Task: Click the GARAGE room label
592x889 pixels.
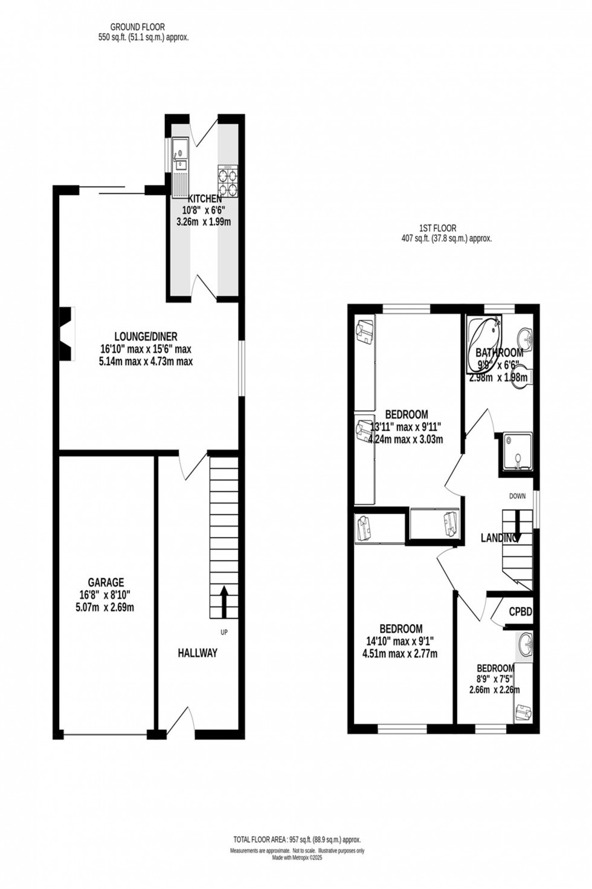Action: pos(106,582)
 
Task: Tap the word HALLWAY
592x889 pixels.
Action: pos(198,653)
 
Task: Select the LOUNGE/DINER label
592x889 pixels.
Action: pos(146,337)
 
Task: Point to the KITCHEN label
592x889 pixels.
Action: pos(205,199)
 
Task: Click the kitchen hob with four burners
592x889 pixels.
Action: pos(227,181)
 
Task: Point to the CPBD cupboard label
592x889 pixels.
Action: pos(520,612)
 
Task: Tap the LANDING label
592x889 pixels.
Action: pos(498,538)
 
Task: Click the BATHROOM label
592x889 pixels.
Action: pos(499,353)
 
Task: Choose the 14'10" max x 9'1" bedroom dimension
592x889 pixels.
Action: pos(399,641)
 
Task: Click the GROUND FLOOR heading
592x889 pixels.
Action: pos(137,27)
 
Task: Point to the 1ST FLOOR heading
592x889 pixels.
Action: pos(437,228)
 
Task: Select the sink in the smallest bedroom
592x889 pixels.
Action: pos(524,645)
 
